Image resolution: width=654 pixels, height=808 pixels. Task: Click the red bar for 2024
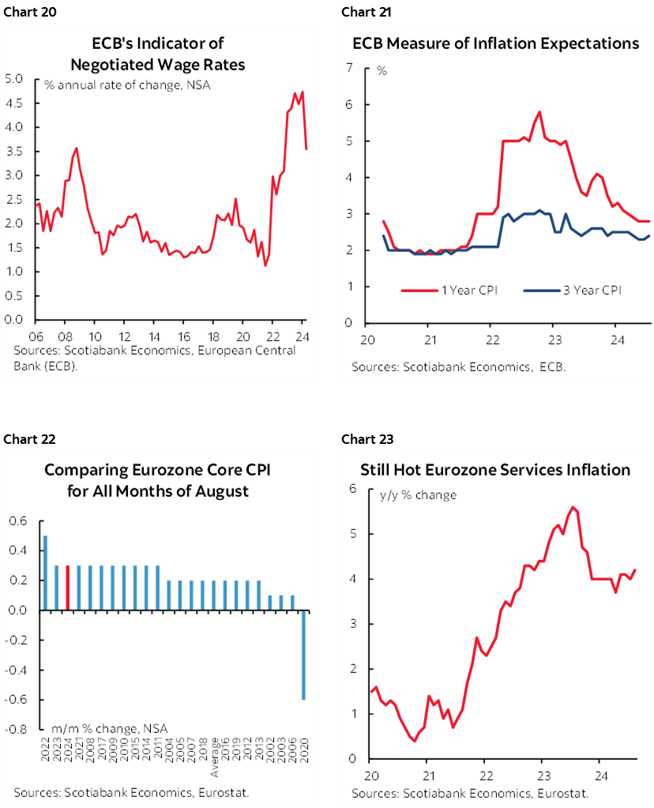(68, 586)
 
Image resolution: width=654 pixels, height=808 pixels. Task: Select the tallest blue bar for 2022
(45, 573)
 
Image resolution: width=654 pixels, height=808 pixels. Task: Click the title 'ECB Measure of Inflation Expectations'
(495, 43)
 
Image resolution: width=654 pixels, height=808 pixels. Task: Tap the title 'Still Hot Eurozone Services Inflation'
(495, 470)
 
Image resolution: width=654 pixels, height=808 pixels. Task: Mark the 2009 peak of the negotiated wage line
(76, 148)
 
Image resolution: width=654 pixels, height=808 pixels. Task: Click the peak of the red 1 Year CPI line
(539, 111)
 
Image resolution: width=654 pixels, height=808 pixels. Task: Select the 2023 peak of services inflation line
(573, 507)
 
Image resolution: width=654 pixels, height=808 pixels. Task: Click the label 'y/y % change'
(418, 495)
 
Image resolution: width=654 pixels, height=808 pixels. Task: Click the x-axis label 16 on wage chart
(183, 334)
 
